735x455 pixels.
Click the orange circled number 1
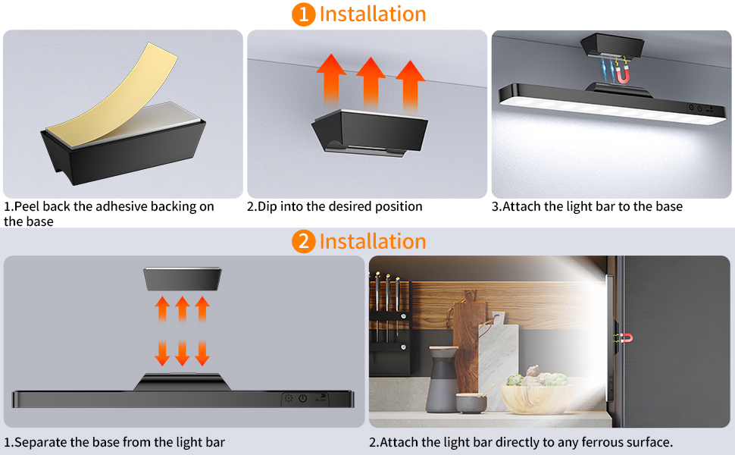(303, 14)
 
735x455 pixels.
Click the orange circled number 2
(303, 241)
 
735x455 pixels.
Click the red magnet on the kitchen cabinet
(627, 337)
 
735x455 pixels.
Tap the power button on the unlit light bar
(303, 398)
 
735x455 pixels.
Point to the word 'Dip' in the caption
(267, 206)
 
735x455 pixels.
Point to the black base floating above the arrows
(183, 278)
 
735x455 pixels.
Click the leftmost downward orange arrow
(163, 353)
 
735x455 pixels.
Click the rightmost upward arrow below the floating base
(202, 309)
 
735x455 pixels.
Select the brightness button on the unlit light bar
(288, 398)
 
